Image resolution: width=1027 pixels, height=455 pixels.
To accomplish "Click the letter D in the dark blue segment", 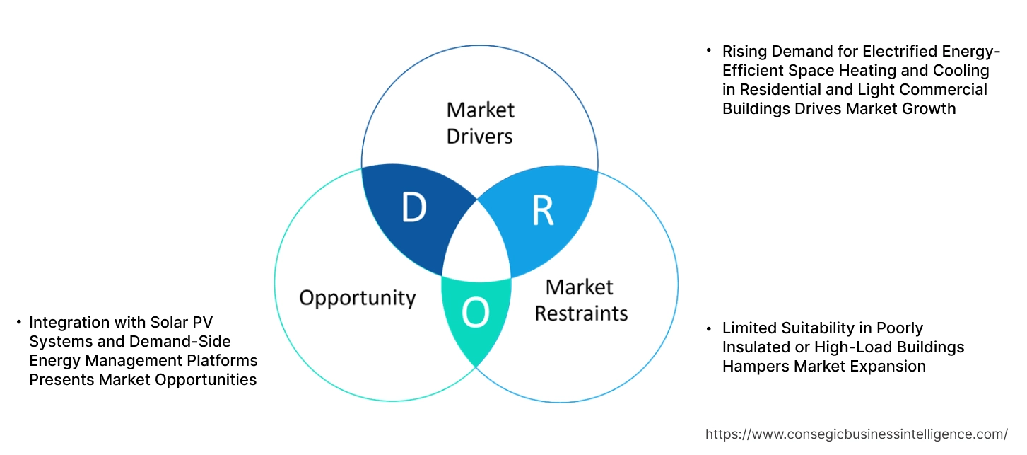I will [414, 207].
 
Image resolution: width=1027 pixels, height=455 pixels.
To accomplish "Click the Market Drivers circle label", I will [480, 122].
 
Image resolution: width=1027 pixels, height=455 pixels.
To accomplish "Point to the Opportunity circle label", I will [357, 297].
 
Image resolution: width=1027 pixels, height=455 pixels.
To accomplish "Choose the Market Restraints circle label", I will [580, 300].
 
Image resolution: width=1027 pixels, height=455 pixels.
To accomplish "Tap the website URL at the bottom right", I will [857, 434].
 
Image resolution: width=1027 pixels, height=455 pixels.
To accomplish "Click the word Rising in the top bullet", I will [743, 52].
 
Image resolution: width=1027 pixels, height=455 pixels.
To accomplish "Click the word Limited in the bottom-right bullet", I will [749, 328].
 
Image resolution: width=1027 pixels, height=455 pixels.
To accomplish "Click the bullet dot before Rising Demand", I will [709, 52].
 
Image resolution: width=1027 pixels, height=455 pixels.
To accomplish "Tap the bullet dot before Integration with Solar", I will [18, 323].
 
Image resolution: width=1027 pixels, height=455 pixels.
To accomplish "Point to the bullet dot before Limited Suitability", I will [709, 328].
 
